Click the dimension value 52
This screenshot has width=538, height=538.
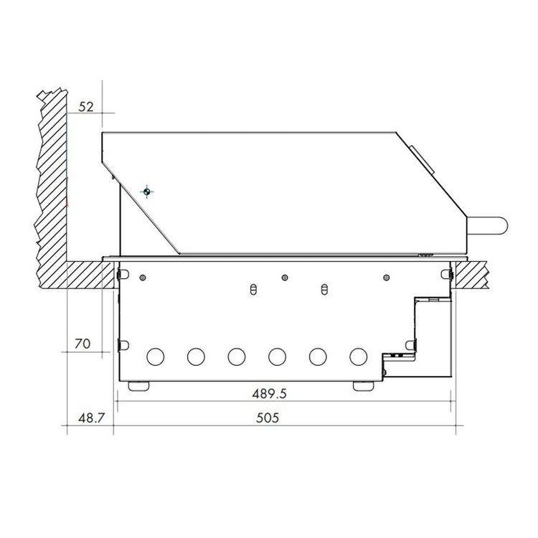(86, 106)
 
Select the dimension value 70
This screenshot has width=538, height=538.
(83, 344)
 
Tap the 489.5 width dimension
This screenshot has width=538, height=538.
(275, 393)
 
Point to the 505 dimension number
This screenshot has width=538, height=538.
(267, 417)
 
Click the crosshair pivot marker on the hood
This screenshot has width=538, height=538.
(146, 192)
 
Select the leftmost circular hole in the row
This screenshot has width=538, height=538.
(154, 356)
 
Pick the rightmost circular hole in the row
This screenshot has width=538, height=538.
(358, 356)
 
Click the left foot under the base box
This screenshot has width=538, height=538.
(139, 386)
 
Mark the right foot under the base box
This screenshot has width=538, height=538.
(363, 386)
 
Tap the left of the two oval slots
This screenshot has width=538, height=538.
(252, 289)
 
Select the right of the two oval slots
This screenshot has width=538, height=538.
(323, 289)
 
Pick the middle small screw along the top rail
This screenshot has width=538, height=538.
(285, 277)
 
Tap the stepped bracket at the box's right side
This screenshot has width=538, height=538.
(423, 323)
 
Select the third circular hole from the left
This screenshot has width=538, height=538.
(236, 356)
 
